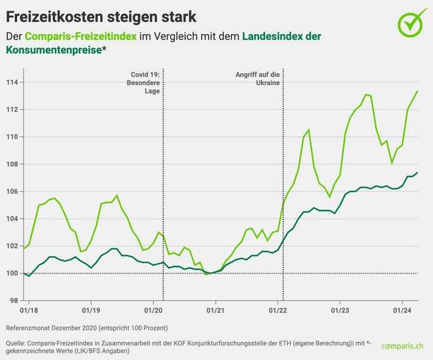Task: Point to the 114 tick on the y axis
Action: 12,82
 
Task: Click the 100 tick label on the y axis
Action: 12,273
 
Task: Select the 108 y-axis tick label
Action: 12,164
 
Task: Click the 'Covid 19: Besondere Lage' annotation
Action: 143,83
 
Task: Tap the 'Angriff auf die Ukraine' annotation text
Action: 257,79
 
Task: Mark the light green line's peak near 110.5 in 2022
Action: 309,130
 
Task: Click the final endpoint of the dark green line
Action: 417,173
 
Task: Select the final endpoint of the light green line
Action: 417,91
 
